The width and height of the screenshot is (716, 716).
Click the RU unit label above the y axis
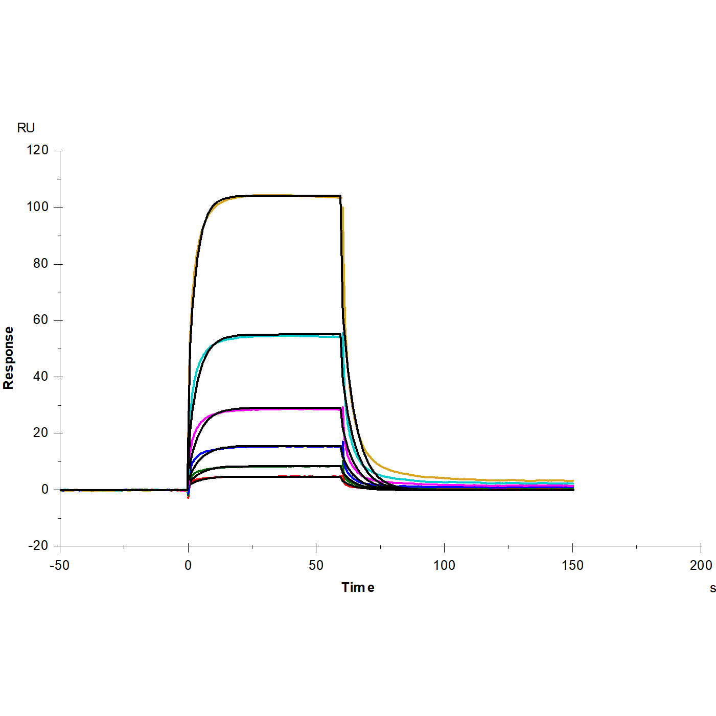click(26, 128)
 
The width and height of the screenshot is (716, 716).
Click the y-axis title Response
click(9, 358)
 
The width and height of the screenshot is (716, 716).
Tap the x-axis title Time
click(358, 587)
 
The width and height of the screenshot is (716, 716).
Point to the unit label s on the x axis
click(712, 588)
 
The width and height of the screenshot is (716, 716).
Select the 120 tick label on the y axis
click(38, 150)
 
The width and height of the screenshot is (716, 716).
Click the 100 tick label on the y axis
click(38, 207)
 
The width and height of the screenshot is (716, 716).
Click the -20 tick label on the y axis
click(38, 546)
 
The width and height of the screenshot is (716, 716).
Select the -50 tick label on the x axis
click(59, 565)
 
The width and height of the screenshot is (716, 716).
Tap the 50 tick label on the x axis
click(316, 565)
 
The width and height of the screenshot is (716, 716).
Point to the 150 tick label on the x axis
click(572, 565)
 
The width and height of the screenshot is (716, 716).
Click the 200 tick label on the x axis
click(701, 565)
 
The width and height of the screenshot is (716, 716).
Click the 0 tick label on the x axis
click(188, 565)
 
